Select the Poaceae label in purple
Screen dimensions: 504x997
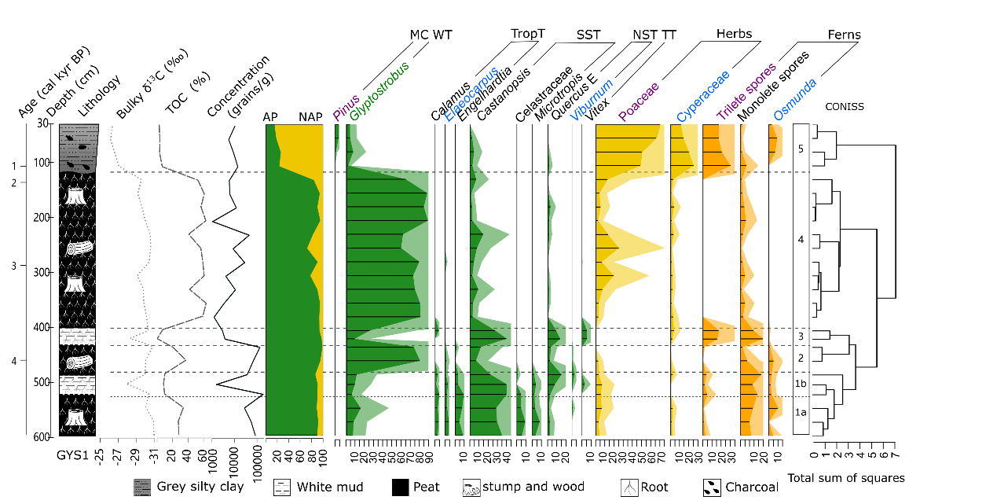(x=638, y=101)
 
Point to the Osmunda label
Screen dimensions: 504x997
(x=794, y=98)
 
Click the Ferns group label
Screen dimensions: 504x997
(x=844, y=35)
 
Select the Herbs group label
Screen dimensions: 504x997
(x=734, y=34)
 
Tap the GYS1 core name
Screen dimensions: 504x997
(x=75, y=455)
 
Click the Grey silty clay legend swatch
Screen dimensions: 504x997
(x=142, y=487)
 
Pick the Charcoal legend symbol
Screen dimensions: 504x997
(x=712, y=487)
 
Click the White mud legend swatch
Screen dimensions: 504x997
(x=282, y=487)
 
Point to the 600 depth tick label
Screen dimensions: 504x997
(x=43, y=437)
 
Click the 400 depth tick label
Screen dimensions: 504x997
(x=43, y=327)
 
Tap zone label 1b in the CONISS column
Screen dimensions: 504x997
(x=800, y=384)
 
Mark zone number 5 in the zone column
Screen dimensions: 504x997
(x=800, y=147)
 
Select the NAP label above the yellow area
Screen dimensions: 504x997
(x=310, y=116)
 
